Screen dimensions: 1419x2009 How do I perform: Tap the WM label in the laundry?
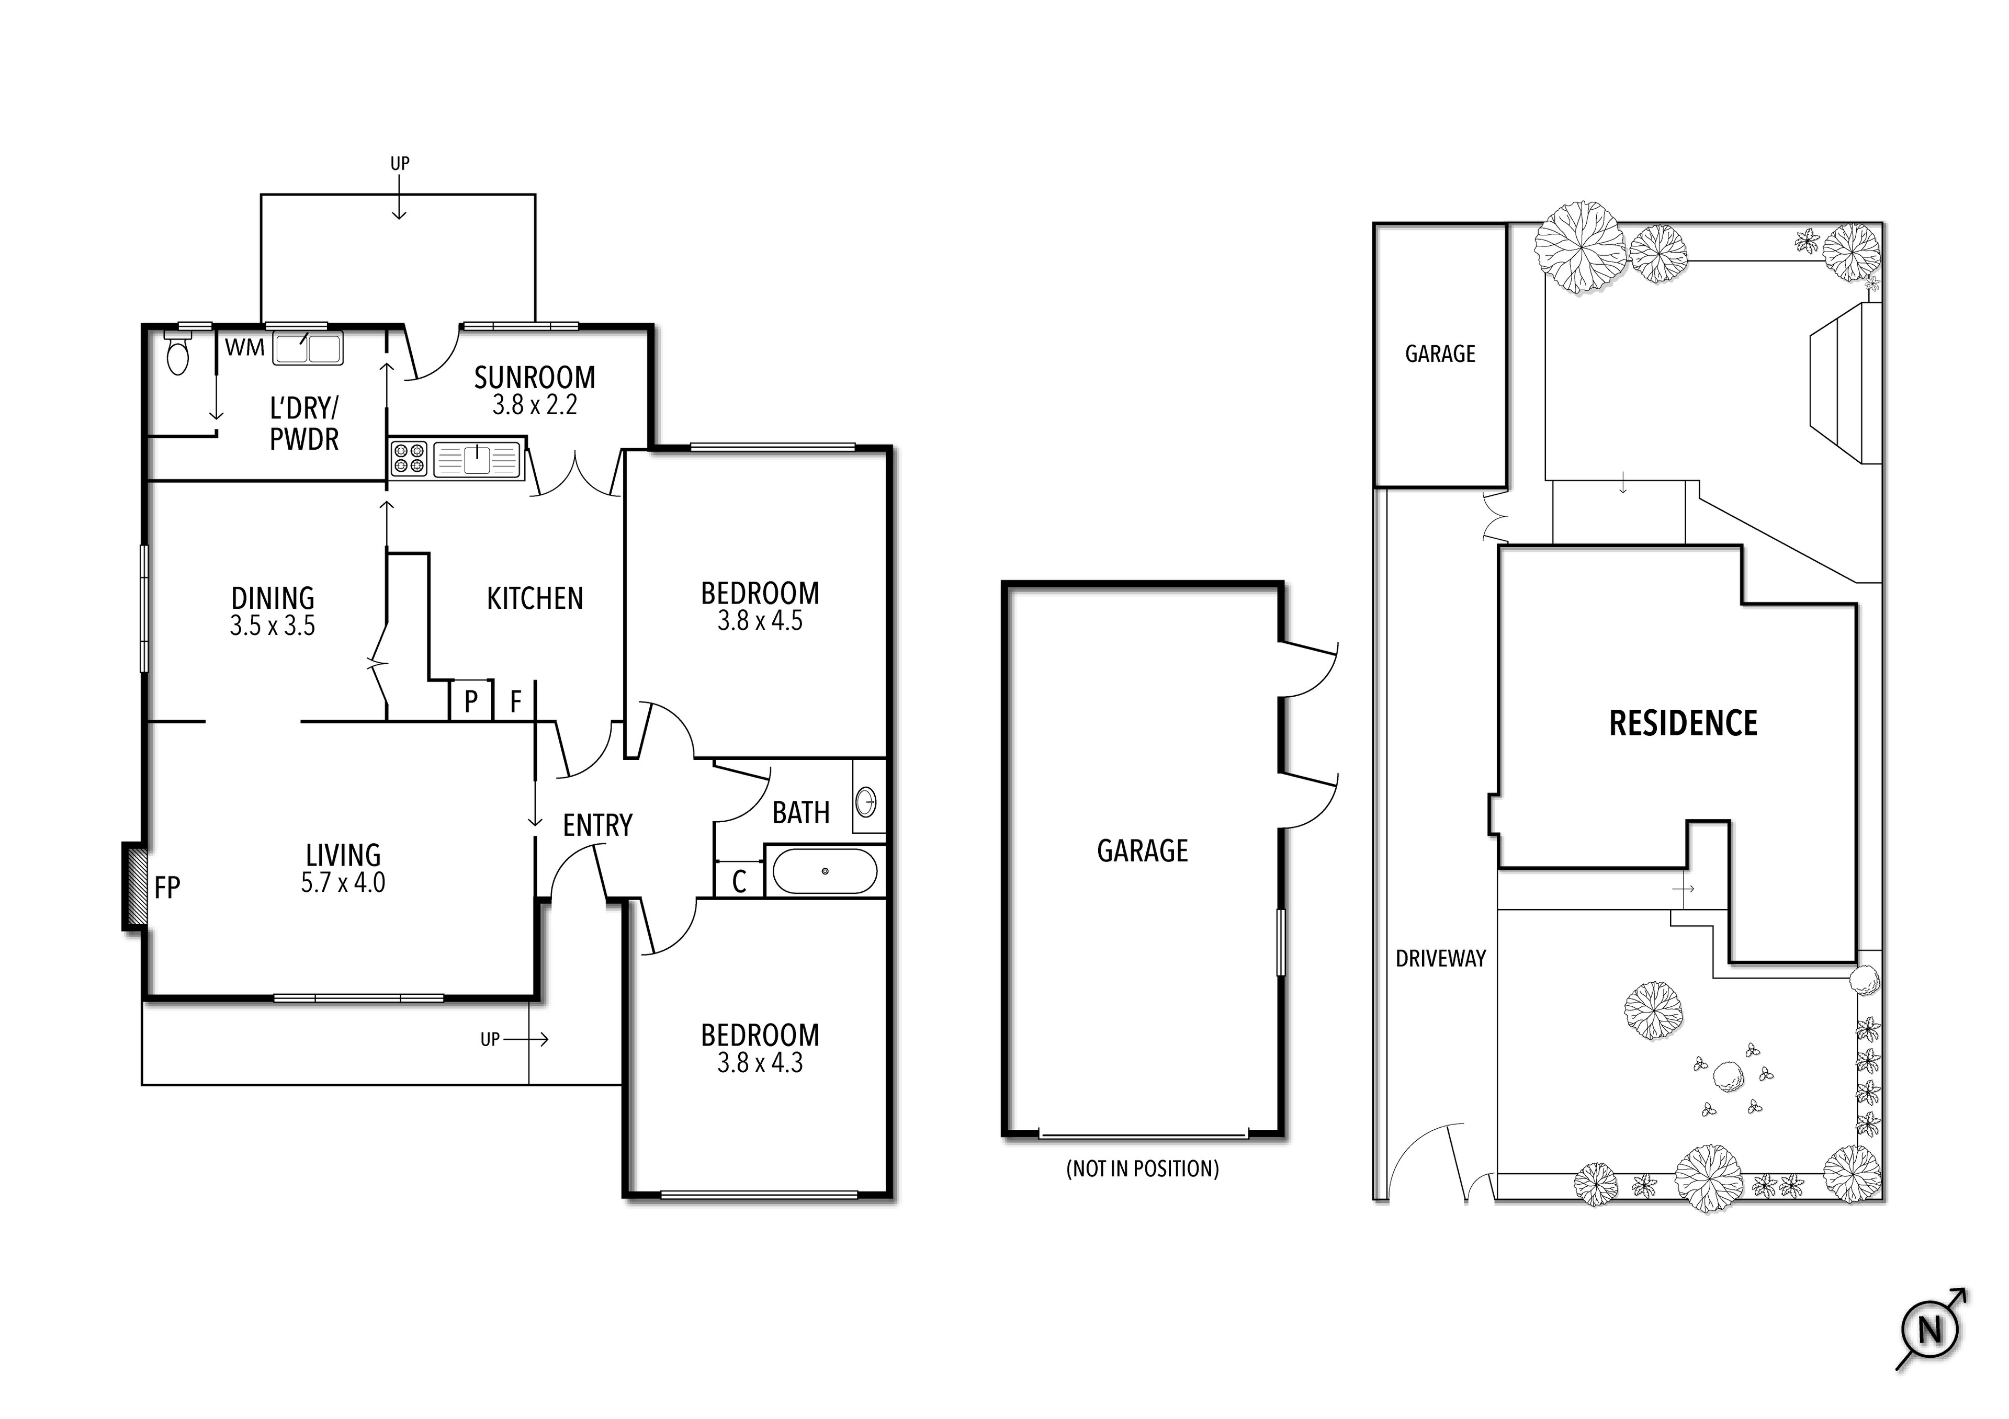[244, 347]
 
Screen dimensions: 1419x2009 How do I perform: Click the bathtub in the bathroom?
[824, 870]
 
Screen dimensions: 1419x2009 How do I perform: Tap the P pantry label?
[471, 701]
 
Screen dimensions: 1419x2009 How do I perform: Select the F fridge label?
[515, 701]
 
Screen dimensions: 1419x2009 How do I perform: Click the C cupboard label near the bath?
[739, 881]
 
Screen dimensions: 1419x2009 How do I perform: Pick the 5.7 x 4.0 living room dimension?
[343, 883]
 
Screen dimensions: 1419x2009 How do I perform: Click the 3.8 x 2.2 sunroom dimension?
[535, 405]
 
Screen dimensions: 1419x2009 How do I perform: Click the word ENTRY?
[597, 825]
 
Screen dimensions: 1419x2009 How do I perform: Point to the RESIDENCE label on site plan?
[1683, 723]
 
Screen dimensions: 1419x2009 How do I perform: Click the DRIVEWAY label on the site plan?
[1440, 959]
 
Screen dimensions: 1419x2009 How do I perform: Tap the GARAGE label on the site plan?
[1439, 354]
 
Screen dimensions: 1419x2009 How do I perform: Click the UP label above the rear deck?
[400, 163]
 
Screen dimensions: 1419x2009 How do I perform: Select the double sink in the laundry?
[308, 349]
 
